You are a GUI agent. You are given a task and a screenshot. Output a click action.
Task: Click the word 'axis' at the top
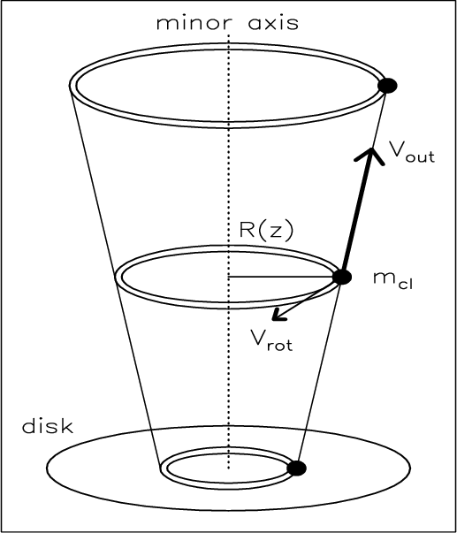pyautogui.click(x=274, y=23)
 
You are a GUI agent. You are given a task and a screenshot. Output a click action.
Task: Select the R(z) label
pyautogui.click(x=266, y=231)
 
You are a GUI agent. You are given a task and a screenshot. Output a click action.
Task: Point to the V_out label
pyautogui.click(x=411, y=154)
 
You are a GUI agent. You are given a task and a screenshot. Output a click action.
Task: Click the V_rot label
pyautogui.click(x=271, y=340)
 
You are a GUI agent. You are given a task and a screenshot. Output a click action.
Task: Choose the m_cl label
pyautogui.click(x=392, y=281)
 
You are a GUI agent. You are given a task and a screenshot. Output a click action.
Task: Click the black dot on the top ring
pyautogui.click(x=387, y=86)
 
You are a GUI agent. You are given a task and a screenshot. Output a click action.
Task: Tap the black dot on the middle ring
pyautogui.click(x=342, y=277)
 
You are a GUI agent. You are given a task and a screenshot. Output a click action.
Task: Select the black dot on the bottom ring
pyautogui.click(x=296, y=468)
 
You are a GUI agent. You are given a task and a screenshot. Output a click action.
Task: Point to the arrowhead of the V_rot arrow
pyautogui.click(x=279, y=315)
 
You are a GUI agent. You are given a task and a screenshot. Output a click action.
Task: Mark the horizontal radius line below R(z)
pyautogui.click(x=280, y=277)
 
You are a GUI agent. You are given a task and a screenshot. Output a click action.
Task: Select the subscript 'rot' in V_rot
pyautogui.click(x=280, y=345)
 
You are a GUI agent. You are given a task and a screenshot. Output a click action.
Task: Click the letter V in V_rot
pyautogui.click(x=259, y=338)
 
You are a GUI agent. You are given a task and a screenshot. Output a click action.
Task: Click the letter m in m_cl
pyautogui.click(x=385, y=278)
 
